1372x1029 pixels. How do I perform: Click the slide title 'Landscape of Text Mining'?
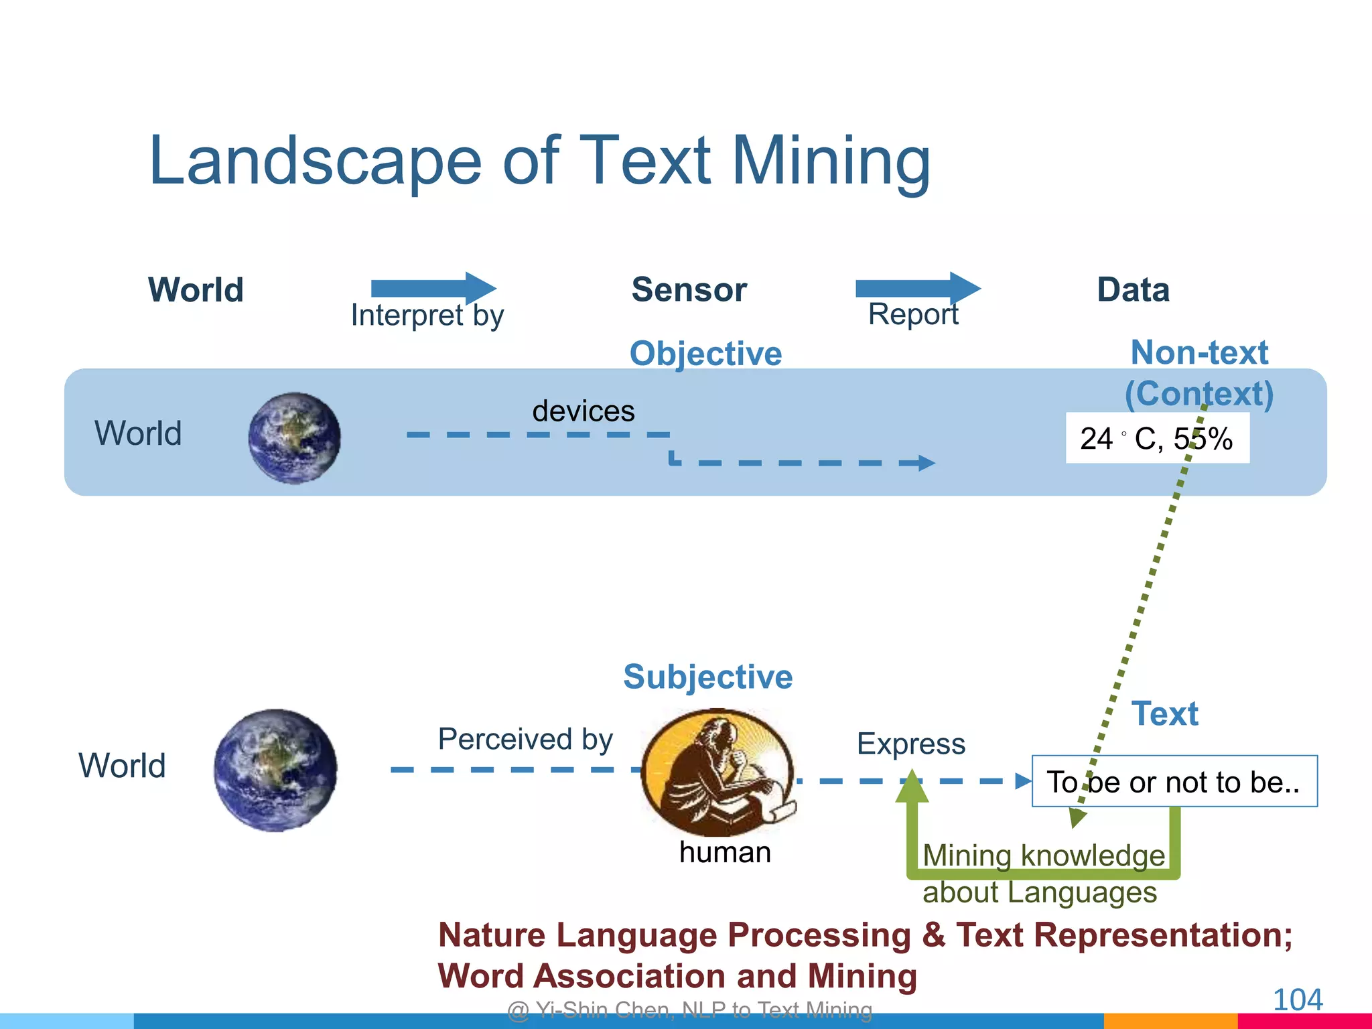tap(539, 161)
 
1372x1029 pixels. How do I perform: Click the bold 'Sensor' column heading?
tap(689, 290)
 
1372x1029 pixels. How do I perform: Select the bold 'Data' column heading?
tap(1133, 290)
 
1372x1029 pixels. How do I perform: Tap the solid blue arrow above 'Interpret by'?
tap(433, 288)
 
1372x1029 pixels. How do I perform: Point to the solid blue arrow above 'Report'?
tap(918, 288)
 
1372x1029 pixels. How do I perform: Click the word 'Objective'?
tap(705, 353)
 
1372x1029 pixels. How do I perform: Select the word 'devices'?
tap(583, 411)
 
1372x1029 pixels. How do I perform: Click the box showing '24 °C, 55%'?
tap(1157, 438)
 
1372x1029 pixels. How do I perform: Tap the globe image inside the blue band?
tap(294, 438)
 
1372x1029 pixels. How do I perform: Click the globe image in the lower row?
tap(275, 770)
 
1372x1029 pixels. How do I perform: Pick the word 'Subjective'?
tap(707, 677)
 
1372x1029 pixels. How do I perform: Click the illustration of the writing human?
tap(718, 771)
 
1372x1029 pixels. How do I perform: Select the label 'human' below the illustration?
tap(725, 852)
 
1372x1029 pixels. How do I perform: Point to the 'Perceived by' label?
tap(525, 739)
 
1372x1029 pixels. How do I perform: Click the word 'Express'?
tap(911, 744)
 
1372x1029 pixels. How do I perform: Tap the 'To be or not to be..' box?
tap(1174, 782)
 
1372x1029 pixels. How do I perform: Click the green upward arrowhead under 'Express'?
tap(912, 787)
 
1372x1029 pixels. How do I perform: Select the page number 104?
tap(1297, 1000)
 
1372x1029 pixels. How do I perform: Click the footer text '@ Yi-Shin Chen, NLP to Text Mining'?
tap(690, 1010)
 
